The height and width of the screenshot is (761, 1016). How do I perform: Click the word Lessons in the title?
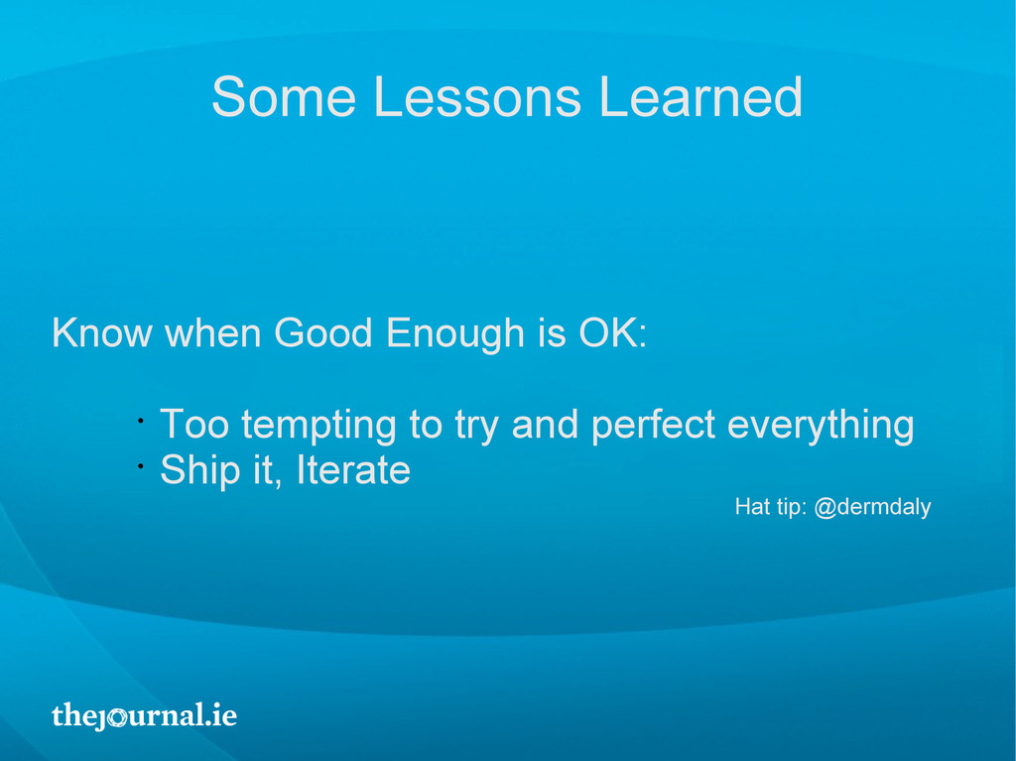point(477,96)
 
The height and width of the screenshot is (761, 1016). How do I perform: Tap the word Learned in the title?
point(701,96)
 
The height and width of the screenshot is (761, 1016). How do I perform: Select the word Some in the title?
point(284,96)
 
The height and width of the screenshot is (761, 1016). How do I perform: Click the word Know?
point(102,332)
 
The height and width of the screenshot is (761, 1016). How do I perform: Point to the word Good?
point(323,332)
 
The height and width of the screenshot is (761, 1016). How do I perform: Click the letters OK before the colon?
point(608,332)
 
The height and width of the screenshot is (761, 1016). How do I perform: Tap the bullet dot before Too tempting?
point(140,421)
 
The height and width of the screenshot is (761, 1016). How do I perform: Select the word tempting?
point(318,427)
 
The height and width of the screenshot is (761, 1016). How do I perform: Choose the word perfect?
point(653,427)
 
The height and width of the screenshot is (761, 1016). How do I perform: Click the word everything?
point(821,427)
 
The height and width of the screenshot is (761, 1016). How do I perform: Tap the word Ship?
point(199,471)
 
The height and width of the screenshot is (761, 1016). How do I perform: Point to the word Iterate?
point(353,470)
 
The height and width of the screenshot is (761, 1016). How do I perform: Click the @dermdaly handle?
point(872,507)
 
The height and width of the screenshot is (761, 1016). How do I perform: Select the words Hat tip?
point(770,507)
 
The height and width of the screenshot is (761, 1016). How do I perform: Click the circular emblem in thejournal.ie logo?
point(117,717)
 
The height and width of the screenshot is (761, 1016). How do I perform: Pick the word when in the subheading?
point(213,332)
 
